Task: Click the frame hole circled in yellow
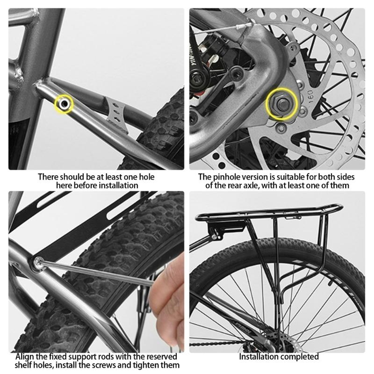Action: coord(64,104)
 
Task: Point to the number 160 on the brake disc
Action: coord(309,96)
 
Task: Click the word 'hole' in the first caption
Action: coord(146,177)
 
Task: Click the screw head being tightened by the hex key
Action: coord(38,263)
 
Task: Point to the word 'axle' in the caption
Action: coord(251,186)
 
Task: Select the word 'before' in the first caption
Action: coord(86,186)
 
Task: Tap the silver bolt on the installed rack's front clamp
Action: coord(215,237)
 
